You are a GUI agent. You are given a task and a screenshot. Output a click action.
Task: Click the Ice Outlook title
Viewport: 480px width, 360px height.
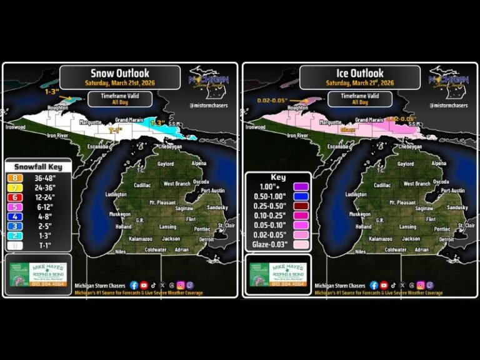pyautogui.click(x=359, y=73)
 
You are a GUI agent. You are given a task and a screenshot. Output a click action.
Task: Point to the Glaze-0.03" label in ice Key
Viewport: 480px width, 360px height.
pyautogui.click(x=267, y=245)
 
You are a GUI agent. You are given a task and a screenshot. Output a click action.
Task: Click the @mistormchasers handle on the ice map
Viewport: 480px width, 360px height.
pyautogui.click(x=448, y=105)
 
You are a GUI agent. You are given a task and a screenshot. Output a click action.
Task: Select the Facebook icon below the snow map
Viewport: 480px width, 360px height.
pyautogui.click(x=134, y=285)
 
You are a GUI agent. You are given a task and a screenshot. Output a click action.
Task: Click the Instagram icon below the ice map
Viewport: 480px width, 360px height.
pyautogui.click(x=420, y=285)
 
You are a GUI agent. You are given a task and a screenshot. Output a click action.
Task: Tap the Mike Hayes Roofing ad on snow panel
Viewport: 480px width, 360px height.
pyautogui.click(x=39, y=274)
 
